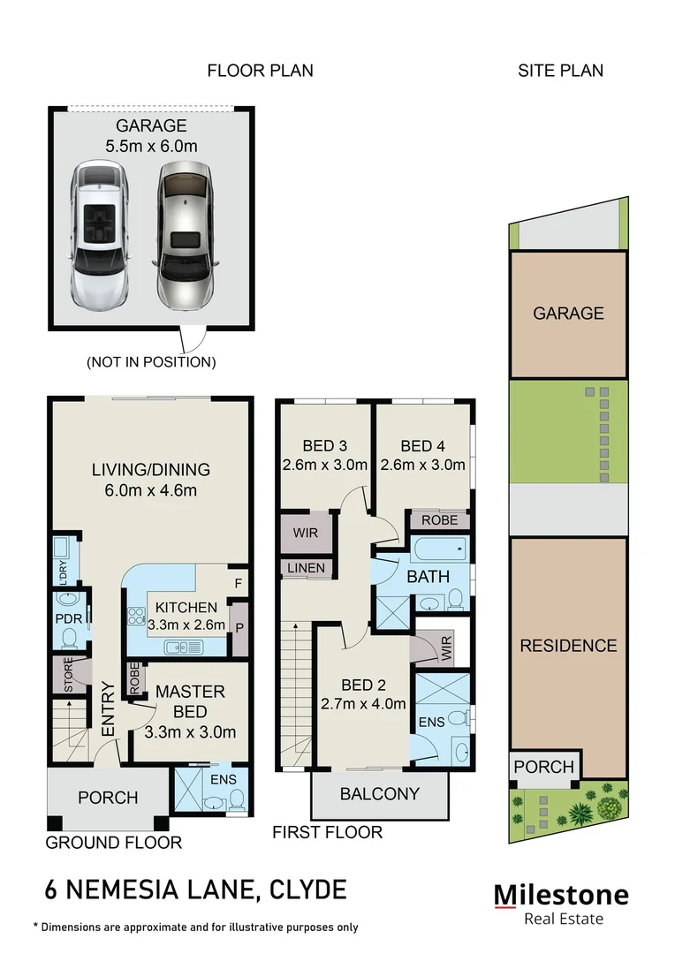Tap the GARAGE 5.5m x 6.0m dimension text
(x=147, y=147)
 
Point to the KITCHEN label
(x=186, y=607)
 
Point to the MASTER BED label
(x=190, y=700)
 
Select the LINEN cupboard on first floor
(x=307, y=568)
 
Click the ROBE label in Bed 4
(x=439, y=521)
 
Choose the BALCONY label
(x=380, y=793)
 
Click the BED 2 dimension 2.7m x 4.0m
(x=364, y=704)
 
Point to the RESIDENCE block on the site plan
(x=568, y=646)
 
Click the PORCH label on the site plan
(x=543, y=767)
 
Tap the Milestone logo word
(x=561, y=895)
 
